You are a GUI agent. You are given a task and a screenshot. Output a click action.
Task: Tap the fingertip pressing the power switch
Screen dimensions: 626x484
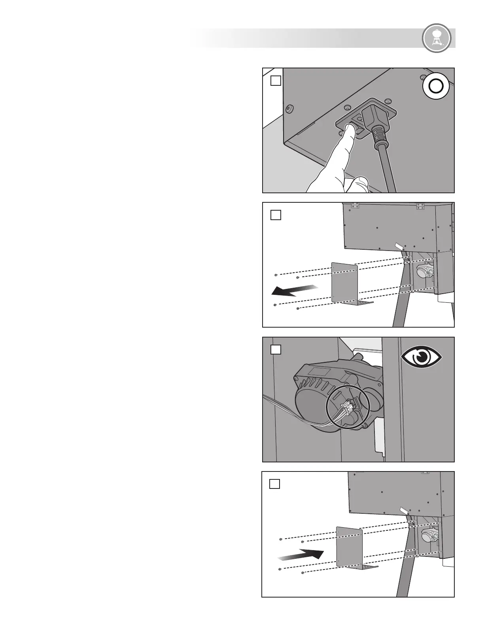pyautogui.click(x=348, y=129)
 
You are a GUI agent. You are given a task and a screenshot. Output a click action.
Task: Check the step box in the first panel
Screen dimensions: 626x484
pyautogui.click(x=276, y=81)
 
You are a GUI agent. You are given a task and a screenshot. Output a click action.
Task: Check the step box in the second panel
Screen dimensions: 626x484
pyautogui.click(x=276, y=215)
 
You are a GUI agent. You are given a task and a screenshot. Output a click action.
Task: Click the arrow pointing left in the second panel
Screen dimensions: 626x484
pyautogui.click(x=294, y=290)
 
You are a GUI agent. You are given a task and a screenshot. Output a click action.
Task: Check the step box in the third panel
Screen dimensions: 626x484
pyautogui.click(x=276, y=349)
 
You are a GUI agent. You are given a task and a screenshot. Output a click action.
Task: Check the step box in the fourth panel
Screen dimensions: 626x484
pyautogui.click(x=275, y=484)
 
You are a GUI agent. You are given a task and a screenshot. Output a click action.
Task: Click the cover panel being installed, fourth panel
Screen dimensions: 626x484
pyautogui.click(x=350, y=547)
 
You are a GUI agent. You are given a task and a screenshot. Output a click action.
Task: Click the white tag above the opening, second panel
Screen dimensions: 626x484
pyautogui.click(x=399, y=246)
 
